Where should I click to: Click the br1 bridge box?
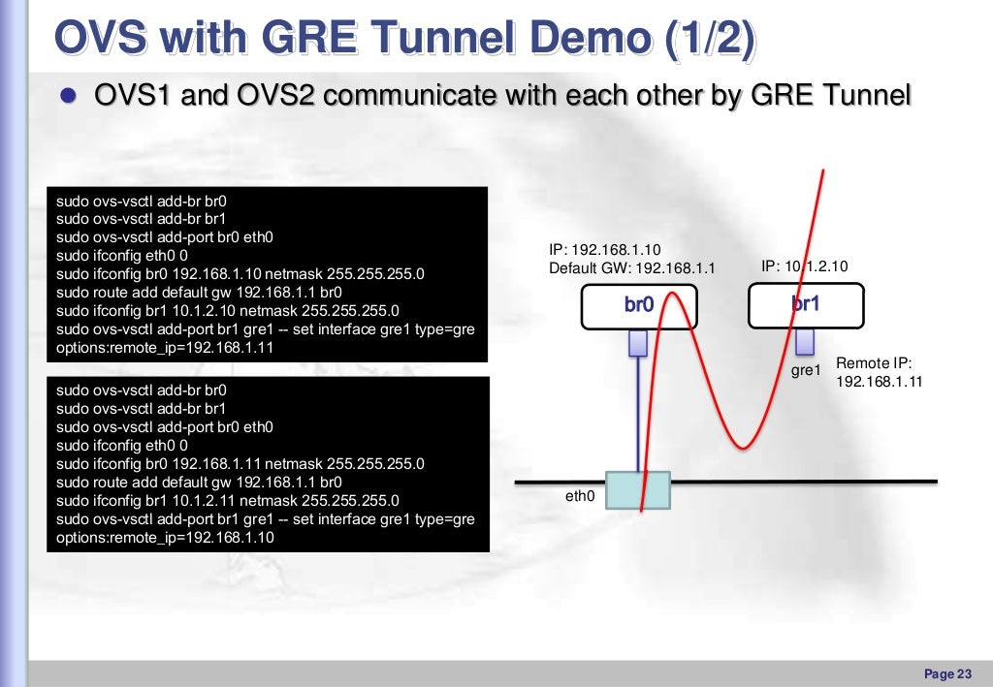806,304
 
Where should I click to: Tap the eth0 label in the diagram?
579,496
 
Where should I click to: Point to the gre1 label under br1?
806,370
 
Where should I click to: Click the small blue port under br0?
637,343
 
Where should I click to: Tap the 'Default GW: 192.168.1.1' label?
631,268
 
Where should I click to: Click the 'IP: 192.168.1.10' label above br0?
604,250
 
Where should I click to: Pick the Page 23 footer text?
947,673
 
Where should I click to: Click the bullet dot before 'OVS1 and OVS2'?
68,97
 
